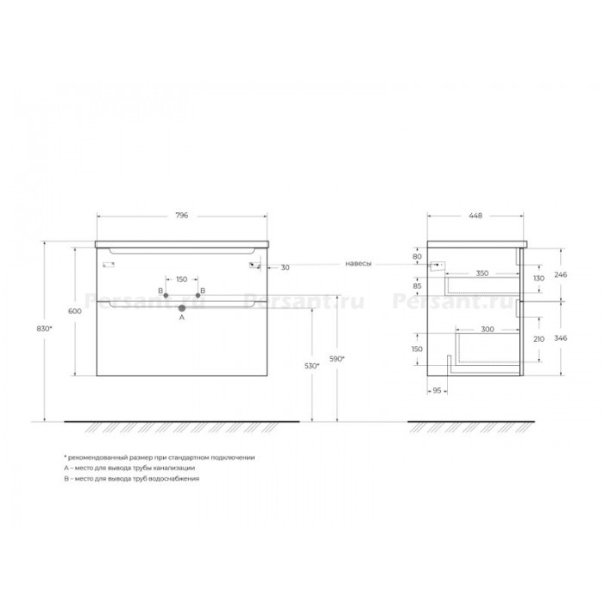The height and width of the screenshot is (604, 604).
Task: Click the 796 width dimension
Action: tap(182, 216)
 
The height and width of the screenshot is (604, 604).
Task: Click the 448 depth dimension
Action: tap(475, 216)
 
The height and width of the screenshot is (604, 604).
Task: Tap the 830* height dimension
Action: tap(44, 329)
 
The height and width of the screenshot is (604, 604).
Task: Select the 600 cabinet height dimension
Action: tap(75, 311)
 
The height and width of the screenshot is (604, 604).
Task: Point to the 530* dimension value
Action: tap(312, 366)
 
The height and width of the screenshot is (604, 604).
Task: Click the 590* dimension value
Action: tap(337, 359)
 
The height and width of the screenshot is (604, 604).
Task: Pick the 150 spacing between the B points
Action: tap(181, 280)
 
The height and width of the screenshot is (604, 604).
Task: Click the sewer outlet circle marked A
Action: tap(182, 308)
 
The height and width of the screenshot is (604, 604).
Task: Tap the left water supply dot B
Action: tap(166, 295)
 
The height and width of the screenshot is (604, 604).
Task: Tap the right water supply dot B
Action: tap(198, 295)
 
